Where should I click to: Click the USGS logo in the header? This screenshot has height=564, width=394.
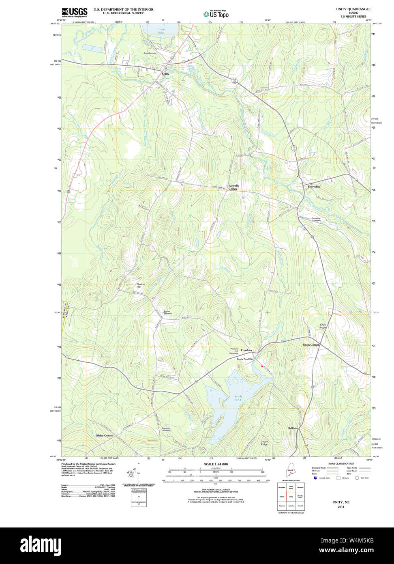tap(74, 12)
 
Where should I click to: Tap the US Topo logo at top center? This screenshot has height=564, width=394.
tap(216, 14)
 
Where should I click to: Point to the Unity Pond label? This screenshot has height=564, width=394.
tap(161, 30)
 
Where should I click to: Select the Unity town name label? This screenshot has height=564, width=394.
tap(165, 74)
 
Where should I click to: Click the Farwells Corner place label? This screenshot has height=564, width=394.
tap(233, 187)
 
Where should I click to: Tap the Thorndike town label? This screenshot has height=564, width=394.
tap(314, 186)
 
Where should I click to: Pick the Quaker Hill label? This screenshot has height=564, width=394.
tap(141, 285)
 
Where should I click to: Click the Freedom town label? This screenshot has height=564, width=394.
tap(246, 350)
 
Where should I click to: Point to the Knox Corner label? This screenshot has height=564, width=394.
tap(311, 344)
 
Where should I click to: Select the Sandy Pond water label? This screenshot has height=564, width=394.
tap(238, 398)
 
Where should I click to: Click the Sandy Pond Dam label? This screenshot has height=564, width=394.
tap(245, 359)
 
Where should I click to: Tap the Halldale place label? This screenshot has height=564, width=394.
tap(293, 428)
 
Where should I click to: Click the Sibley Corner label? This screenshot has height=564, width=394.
tap(105, 435)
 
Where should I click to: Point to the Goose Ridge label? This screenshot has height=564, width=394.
tap(264, 443)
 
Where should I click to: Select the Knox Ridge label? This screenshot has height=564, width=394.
tap(323, 326)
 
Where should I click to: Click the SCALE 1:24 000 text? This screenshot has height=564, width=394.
tap(216, 464)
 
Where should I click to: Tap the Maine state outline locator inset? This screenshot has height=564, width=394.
tap(290, 471)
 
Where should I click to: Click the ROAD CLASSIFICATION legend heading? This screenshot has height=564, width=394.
tap(340, 463)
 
